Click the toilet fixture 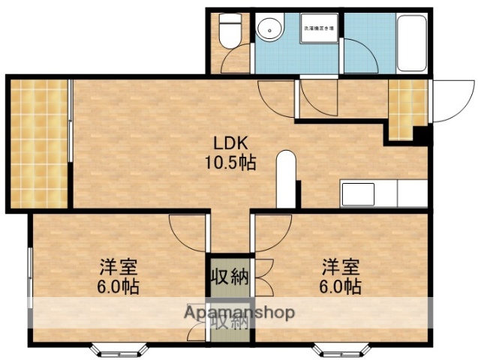[x=228, y=31]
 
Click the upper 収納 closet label [x=229, y=276]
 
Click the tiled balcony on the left [x=39, y=142]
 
